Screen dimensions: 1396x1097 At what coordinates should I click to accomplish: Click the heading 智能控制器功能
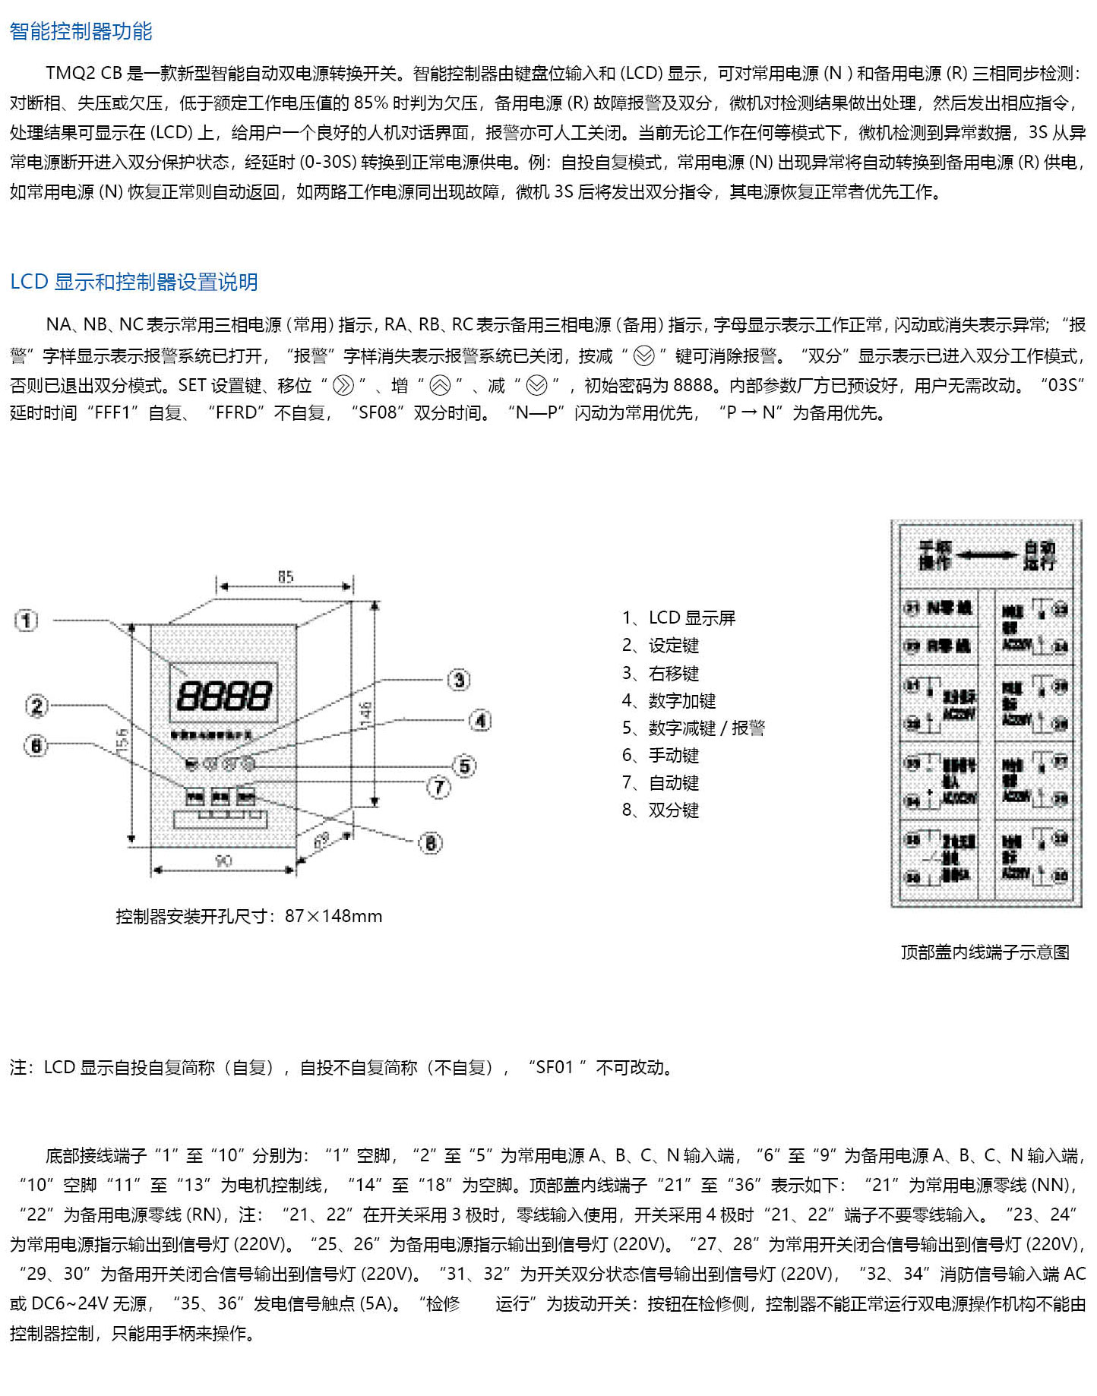tap(81, 32)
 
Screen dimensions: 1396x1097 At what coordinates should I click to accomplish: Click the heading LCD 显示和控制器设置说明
tap(134, 282)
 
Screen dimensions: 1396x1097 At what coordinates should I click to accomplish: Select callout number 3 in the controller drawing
tap(458, 680)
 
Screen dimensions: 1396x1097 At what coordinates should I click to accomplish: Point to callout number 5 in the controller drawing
tap(464, 766)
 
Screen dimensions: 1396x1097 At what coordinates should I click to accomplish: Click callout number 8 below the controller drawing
tap(430, 842)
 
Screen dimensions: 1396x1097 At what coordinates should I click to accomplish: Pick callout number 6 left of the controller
tap(36, 746)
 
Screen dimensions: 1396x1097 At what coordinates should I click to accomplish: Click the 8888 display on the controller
tap(223, 695)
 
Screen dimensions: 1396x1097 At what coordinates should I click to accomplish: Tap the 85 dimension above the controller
tap(285, 577)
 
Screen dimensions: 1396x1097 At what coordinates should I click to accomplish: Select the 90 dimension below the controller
tap(223, 861)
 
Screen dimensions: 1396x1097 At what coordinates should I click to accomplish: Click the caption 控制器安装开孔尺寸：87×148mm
tap(248, 916)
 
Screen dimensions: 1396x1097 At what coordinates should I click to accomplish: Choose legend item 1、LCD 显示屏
tap(678, 618)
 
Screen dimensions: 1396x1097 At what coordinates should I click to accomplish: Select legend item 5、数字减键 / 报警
tap(693, 728)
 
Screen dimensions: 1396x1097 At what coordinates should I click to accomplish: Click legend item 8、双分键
tap(660, 810)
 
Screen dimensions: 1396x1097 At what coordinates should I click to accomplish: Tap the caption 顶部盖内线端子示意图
tap(985, 952)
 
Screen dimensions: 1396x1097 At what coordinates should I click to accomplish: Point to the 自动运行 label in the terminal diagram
tap(1039, 555)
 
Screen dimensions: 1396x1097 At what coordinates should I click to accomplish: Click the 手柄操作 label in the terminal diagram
tap(934, 555)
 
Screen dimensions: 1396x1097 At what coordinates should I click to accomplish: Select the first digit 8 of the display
tap(188, 695)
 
